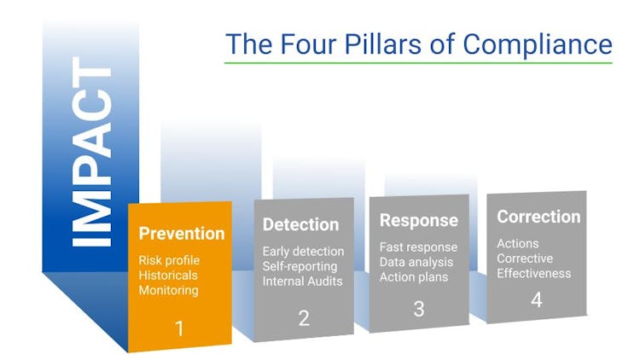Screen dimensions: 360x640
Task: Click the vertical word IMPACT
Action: (x=92, y=153)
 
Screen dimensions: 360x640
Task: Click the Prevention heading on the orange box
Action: (x=182, y=233)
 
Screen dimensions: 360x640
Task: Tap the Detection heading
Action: (x=300, y=225)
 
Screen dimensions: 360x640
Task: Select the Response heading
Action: (x=418, y=220)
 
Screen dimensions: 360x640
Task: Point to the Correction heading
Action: (x=538, y=217)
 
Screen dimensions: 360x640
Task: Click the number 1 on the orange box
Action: (x=179, y=328)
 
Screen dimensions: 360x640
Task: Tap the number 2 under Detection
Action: (x=304, y=317)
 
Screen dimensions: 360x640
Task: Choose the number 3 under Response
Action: (x=419, y=308)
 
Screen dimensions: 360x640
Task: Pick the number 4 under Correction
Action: (x=537, y=300)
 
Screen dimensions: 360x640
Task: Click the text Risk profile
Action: (x=175, y=259)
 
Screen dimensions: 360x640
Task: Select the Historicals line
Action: (x=171, y=275)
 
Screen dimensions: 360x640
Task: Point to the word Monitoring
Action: (x=170, y=290)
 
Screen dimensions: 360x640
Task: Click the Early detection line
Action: (x=304, y=252)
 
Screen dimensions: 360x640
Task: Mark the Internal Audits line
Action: (x=302, y=281)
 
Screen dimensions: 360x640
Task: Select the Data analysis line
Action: (x=417, y=262)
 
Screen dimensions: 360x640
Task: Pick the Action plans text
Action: (x=414, y=276)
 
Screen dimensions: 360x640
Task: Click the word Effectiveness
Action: (x=534, y=273)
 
